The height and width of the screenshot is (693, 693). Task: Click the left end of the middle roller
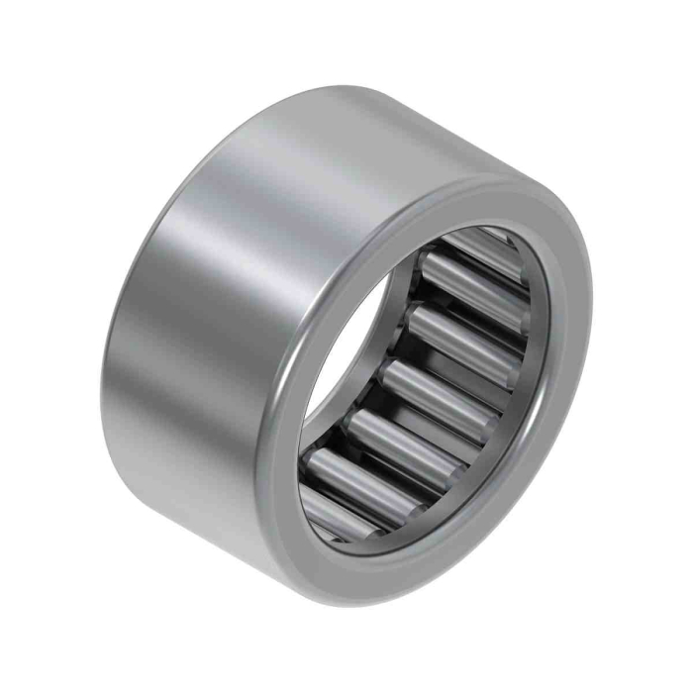(x=388, y=372)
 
